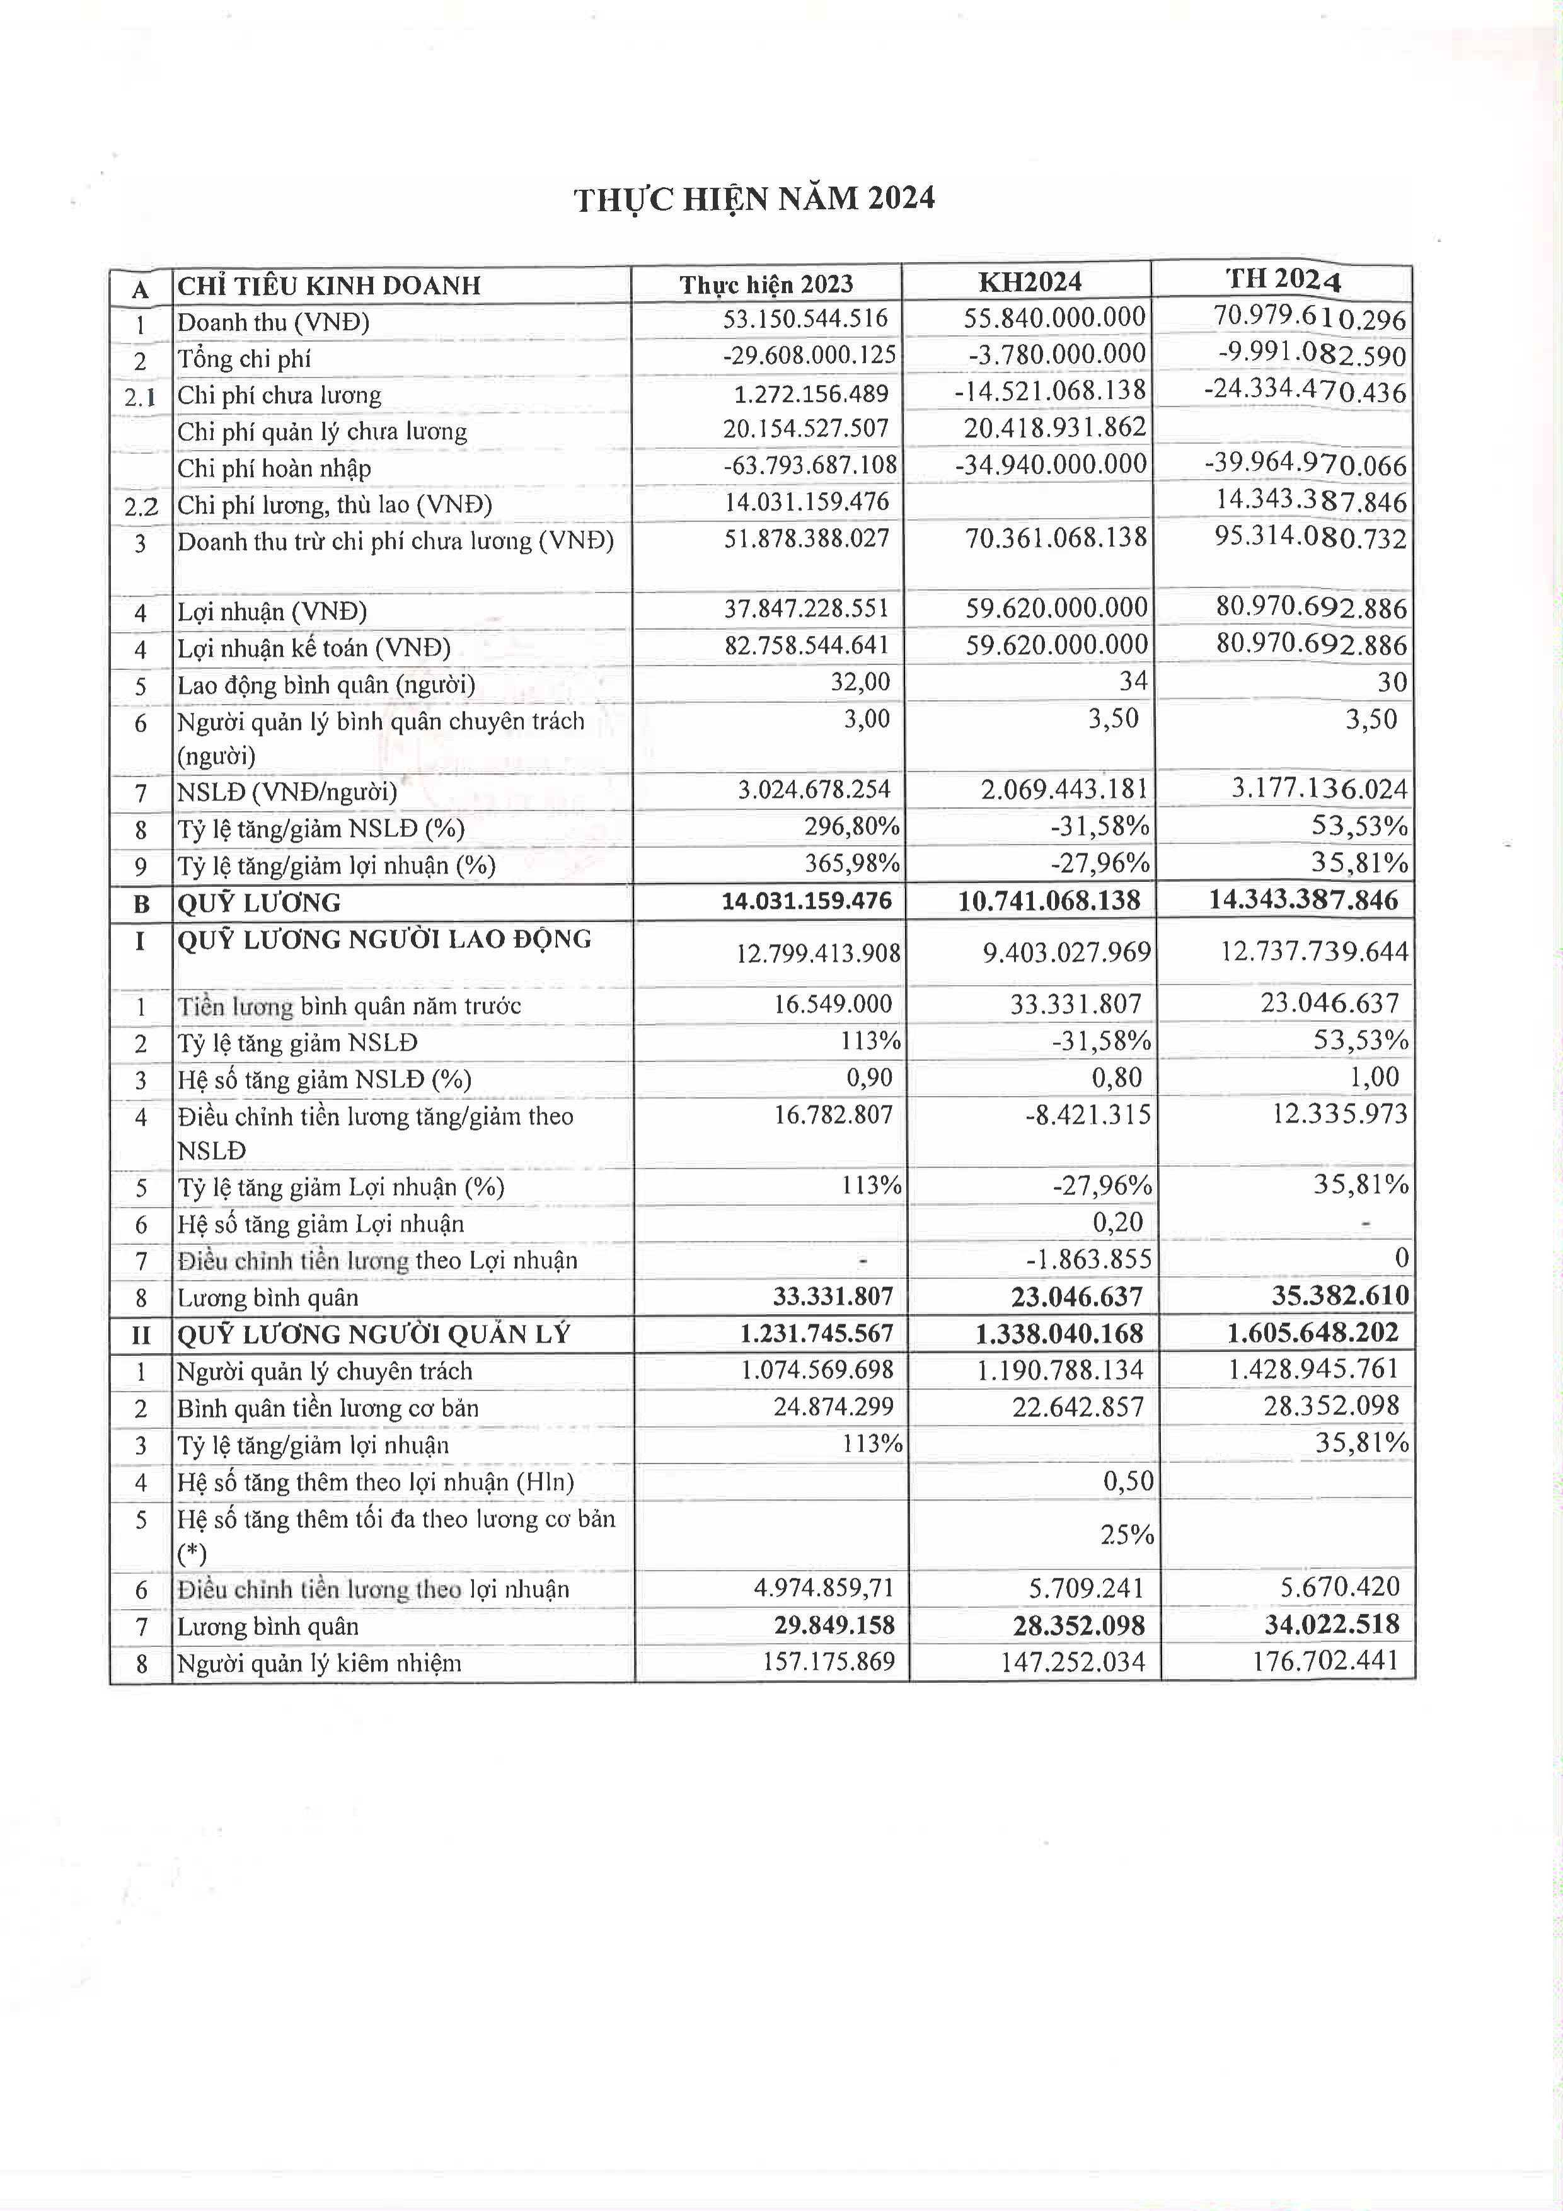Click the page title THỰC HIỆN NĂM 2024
[754, 199]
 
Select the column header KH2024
[1029, 282]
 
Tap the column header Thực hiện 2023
[766, 284]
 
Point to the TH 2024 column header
[1283, 280]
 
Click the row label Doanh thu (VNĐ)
[274, 321]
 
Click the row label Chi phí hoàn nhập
[274, 468]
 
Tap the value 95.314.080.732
[1310, 538]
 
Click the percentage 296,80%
[852, 826]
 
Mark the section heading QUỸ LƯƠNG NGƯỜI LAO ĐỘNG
[384, 939]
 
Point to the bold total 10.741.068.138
[1049, 901]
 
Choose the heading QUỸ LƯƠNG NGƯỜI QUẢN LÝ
[374, 1334]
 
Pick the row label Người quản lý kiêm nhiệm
[319, 1664]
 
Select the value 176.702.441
[1325, 1661]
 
